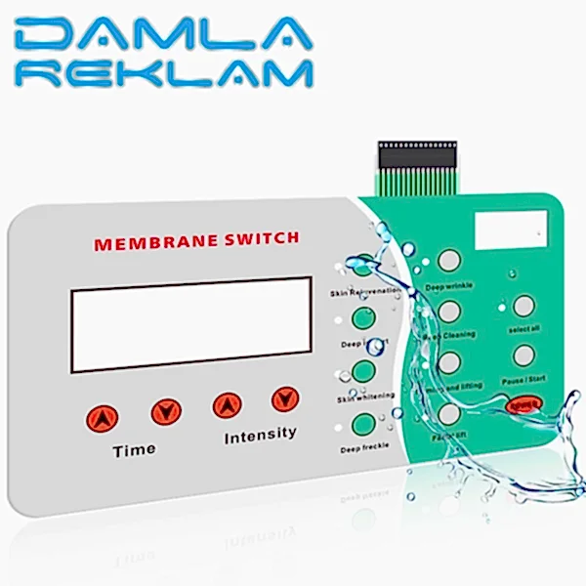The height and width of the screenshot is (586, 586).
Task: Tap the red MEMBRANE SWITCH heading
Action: [x=196, y=239]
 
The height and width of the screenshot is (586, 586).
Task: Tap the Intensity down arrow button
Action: [x=284, y=398]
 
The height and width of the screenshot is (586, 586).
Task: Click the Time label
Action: [x=134, y=449]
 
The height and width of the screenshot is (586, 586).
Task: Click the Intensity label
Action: [x=260, y=434]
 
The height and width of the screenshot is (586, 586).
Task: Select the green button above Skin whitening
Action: [x=363, y=371]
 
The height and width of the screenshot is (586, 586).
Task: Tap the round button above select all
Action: [x=524, y=307]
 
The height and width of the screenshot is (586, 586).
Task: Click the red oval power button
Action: [x=524, y=403]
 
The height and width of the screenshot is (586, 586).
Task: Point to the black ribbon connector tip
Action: [x=418, y=153]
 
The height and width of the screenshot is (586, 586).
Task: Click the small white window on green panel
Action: [x=508, y=230]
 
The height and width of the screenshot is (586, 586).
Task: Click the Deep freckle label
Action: [x=360, y=448]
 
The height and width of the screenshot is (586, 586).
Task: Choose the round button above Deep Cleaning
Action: [x=449, y=311]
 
